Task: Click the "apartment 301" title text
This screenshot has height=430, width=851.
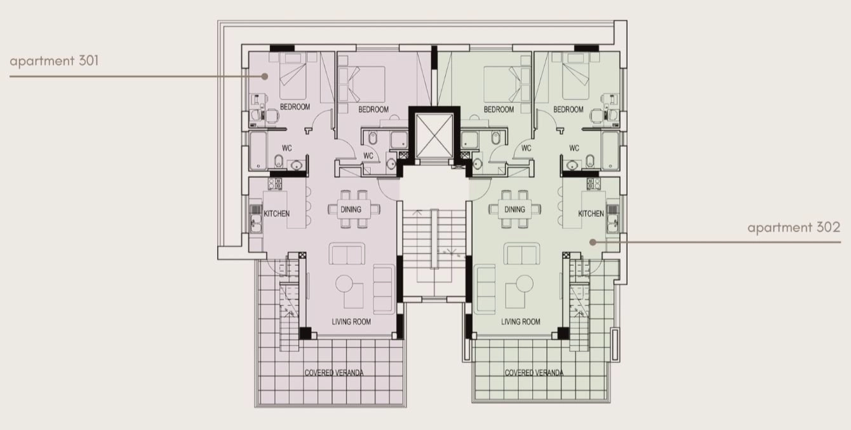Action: [x=54, y=61]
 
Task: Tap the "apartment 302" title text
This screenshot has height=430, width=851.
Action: [x=794, y=228]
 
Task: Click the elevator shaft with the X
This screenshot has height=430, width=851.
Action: [x=434, y=135]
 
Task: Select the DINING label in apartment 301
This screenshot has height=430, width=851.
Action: [x=351, y=209]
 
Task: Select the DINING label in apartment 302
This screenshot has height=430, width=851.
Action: [x=515, y=209]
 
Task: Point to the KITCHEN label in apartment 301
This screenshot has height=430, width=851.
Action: [x=277, y=214]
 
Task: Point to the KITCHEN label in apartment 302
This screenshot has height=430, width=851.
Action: [x=591, y=214]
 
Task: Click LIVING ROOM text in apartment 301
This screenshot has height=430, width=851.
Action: [x=351, y=322]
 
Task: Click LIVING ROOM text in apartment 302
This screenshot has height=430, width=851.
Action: [x=521, y=322]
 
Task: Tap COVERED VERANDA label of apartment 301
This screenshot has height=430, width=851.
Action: [x=334, y=373]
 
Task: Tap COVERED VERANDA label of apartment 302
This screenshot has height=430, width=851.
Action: [x=533, y=373]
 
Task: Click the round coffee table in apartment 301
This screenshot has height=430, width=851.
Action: [x=344, y=284]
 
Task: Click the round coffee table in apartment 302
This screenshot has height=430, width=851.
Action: [x=525, y=284]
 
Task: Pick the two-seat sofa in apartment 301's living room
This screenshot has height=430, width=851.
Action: [x=347, y=253]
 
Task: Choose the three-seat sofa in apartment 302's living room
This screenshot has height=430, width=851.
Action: [x=485, y=289]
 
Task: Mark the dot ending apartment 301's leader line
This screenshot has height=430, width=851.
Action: [x=265, y=76]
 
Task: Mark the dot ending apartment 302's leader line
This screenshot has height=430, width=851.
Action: [x=593, y=242]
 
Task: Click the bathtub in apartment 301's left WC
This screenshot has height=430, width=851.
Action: [x=258, y=150]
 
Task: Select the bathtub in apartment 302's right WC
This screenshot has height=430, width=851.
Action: [x=610, y=150]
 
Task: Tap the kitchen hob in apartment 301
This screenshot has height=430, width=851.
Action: [x=275, y=183]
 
